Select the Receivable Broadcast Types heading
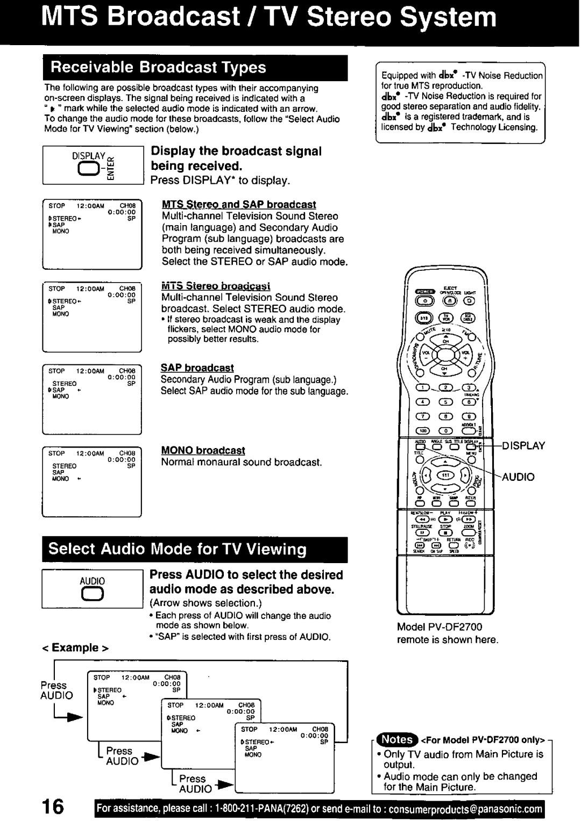click(158, 67)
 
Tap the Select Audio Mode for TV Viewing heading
click(178, 549)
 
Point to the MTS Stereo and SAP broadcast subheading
click(239, 205)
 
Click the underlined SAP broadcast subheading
click(197, 368)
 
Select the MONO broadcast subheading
click(203, 450)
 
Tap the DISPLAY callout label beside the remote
click(525, 445)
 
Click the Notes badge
click(396, 740)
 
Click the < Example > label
click(75, 647)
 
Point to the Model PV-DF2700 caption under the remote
click(440, 627)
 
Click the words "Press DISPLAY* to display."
click(219, 181)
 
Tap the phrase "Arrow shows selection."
click(206, 603)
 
